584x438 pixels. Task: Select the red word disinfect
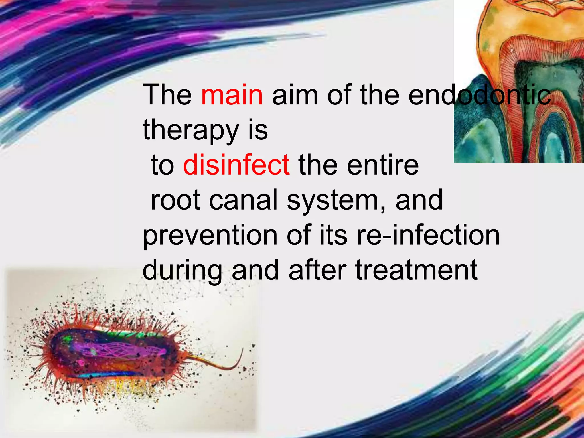236,165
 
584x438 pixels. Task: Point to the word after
318,270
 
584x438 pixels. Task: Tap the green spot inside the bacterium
68,339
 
